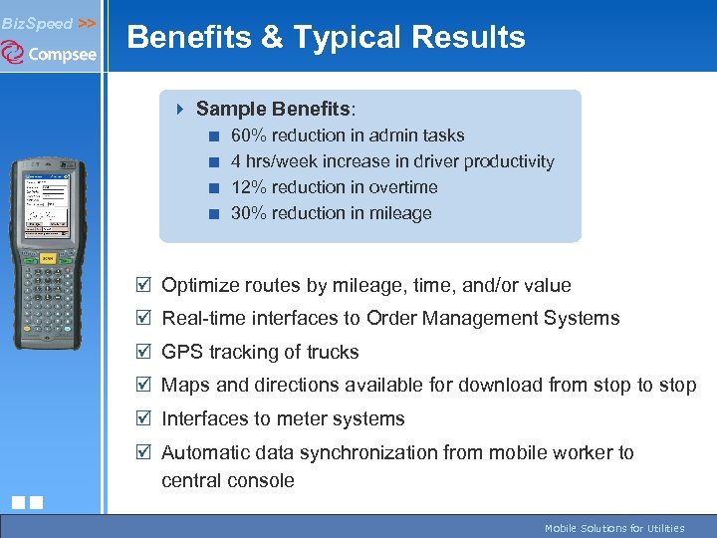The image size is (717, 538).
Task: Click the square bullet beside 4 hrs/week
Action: pyautogui.click(x=213, y=161)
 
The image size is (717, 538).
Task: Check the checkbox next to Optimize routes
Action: pyautogui.click(x=144, y=285)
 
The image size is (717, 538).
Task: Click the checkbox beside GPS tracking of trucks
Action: pyautogui.click(x=144, y=352)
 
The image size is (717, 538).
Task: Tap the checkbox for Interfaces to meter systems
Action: pyautogui.click(x=144, y=418)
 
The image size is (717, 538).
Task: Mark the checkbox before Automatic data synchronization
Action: pyautogui.click(x=144, y=452)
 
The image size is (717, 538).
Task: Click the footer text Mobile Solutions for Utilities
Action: pyautogui.click(x=614, y=528)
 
